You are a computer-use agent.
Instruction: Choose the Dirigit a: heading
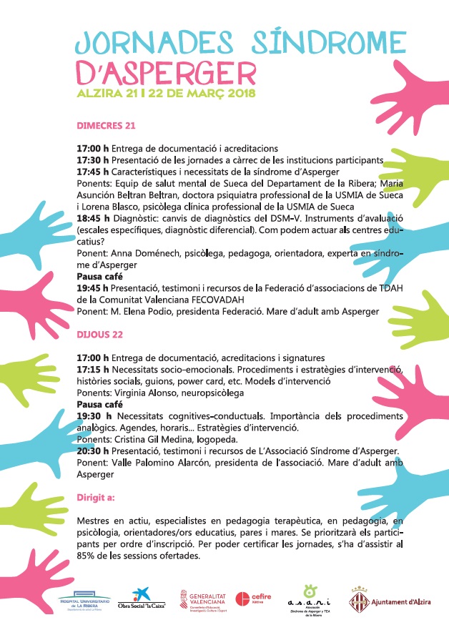(96, 496)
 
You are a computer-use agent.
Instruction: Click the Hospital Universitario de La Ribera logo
(85, 600)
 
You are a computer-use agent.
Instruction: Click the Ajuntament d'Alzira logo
(390, 601)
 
